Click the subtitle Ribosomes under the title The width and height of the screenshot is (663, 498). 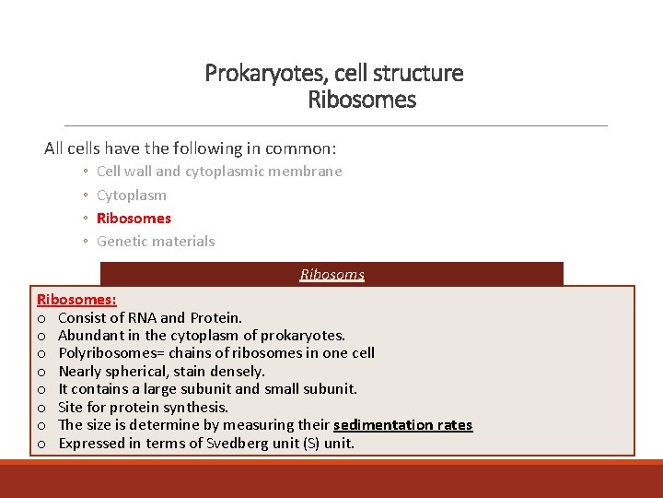[362, 100]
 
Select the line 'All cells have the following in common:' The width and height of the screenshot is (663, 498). [191, 148]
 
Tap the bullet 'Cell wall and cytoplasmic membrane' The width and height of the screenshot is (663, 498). [219, 171]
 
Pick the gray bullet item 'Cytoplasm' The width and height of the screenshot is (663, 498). [132, 195]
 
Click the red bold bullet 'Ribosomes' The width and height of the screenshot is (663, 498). [134, 219]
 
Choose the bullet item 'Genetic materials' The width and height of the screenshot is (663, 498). [156, 242]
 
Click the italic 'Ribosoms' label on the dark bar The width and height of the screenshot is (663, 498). [332, 275]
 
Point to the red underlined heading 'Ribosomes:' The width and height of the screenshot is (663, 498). [76, 300]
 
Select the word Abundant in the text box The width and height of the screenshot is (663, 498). [88, 336]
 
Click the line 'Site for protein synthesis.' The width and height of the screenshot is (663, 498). [143, 407]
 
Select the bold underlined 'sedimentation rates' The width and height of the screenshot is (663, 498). [402, 425]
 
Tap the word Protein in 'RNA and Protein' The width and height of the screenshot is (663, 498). [215, 318]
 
